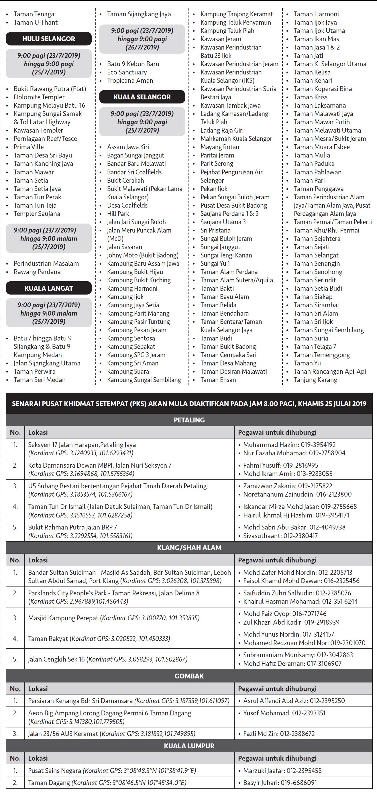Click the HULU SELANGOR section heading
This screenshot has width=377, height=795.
click(49, 39)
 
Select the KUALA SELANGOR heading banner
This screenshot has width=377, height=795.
click(142, 97)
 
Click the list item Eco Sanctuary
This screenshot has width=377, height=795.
click(127, 72)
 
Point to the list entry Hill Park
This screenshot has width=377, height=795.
click(118, 214)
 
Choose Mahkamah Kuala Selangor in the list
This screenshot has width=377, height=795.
click(236, 139)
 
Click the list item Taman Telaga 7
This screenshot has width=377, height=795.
click(315, 347)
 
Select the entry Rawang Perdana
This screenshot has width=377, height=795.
click(37, 271)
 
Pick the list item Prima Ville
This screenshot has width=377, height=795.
click(29, 147)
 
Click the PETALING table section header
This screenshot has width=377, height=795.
click(189, 420)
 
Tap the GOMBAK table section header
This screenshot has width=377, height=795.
click(189, 676)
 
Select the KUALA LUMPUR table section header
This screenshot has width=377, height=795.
click(189, 746)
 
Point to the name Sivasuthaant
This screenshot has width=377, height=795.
click(262, 536)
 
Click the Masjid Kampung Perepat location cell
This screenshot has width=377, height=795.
click(114, 618)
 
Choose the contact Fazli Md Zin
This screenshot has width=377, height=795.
click(260, 734)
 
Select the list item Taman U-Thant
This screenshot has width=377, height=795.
click(36, 22)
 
